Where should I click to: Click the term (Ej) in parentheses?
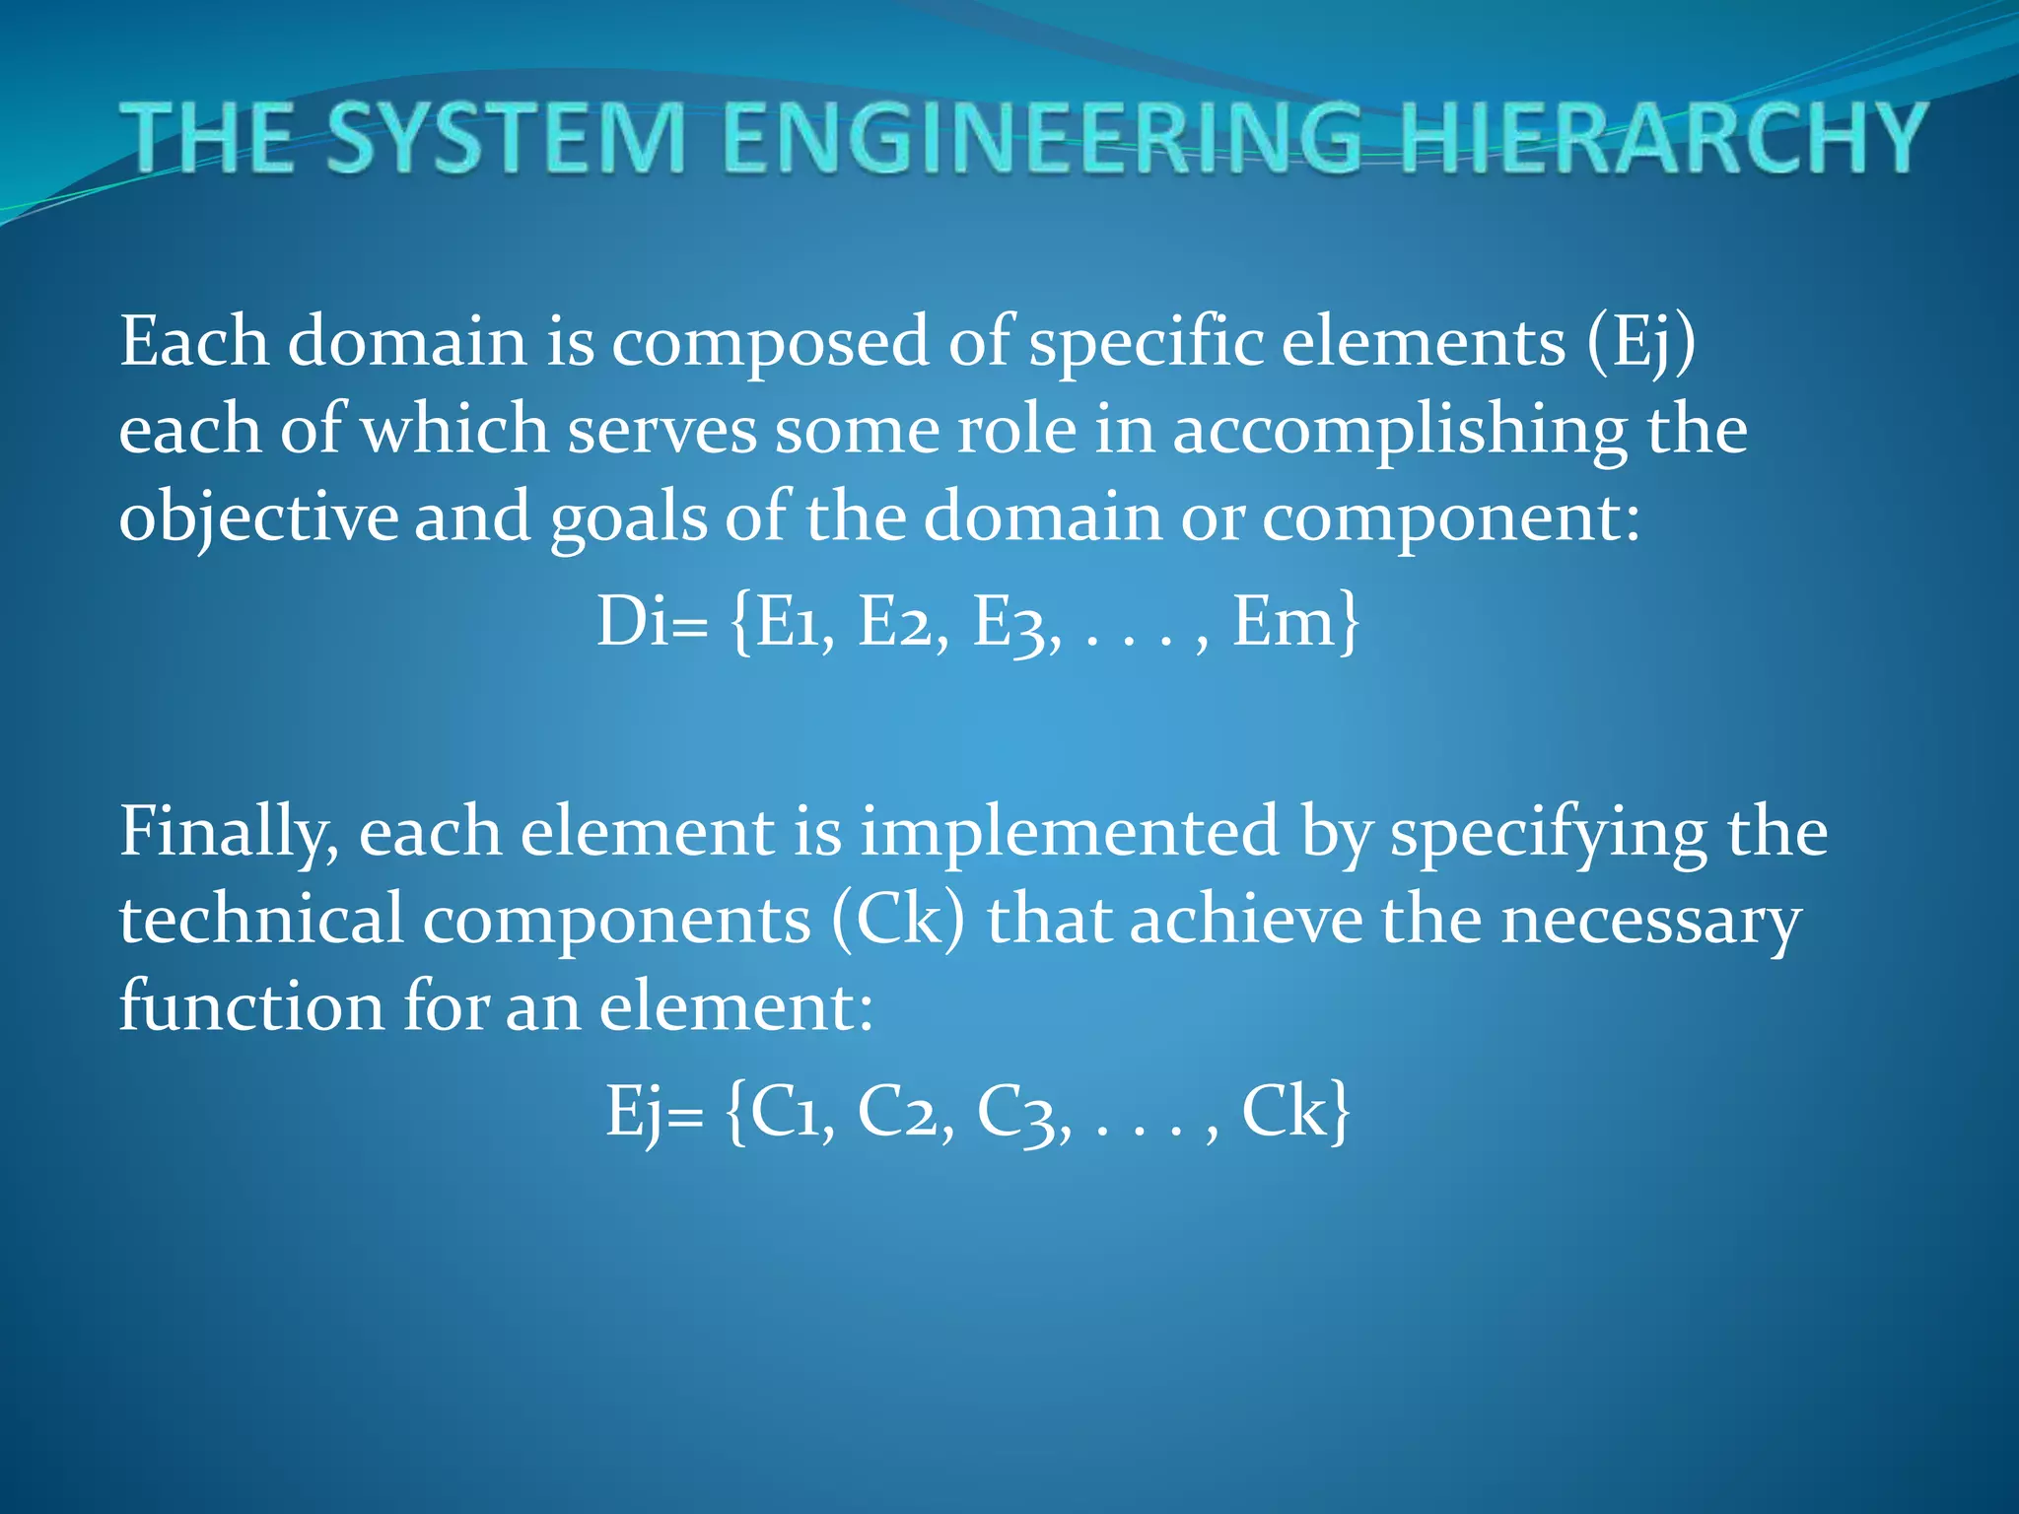coord(1642,343)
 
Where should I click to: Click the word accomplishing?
coord(1400,432)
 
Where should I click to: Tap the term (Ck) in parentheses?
coord(898,921)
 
